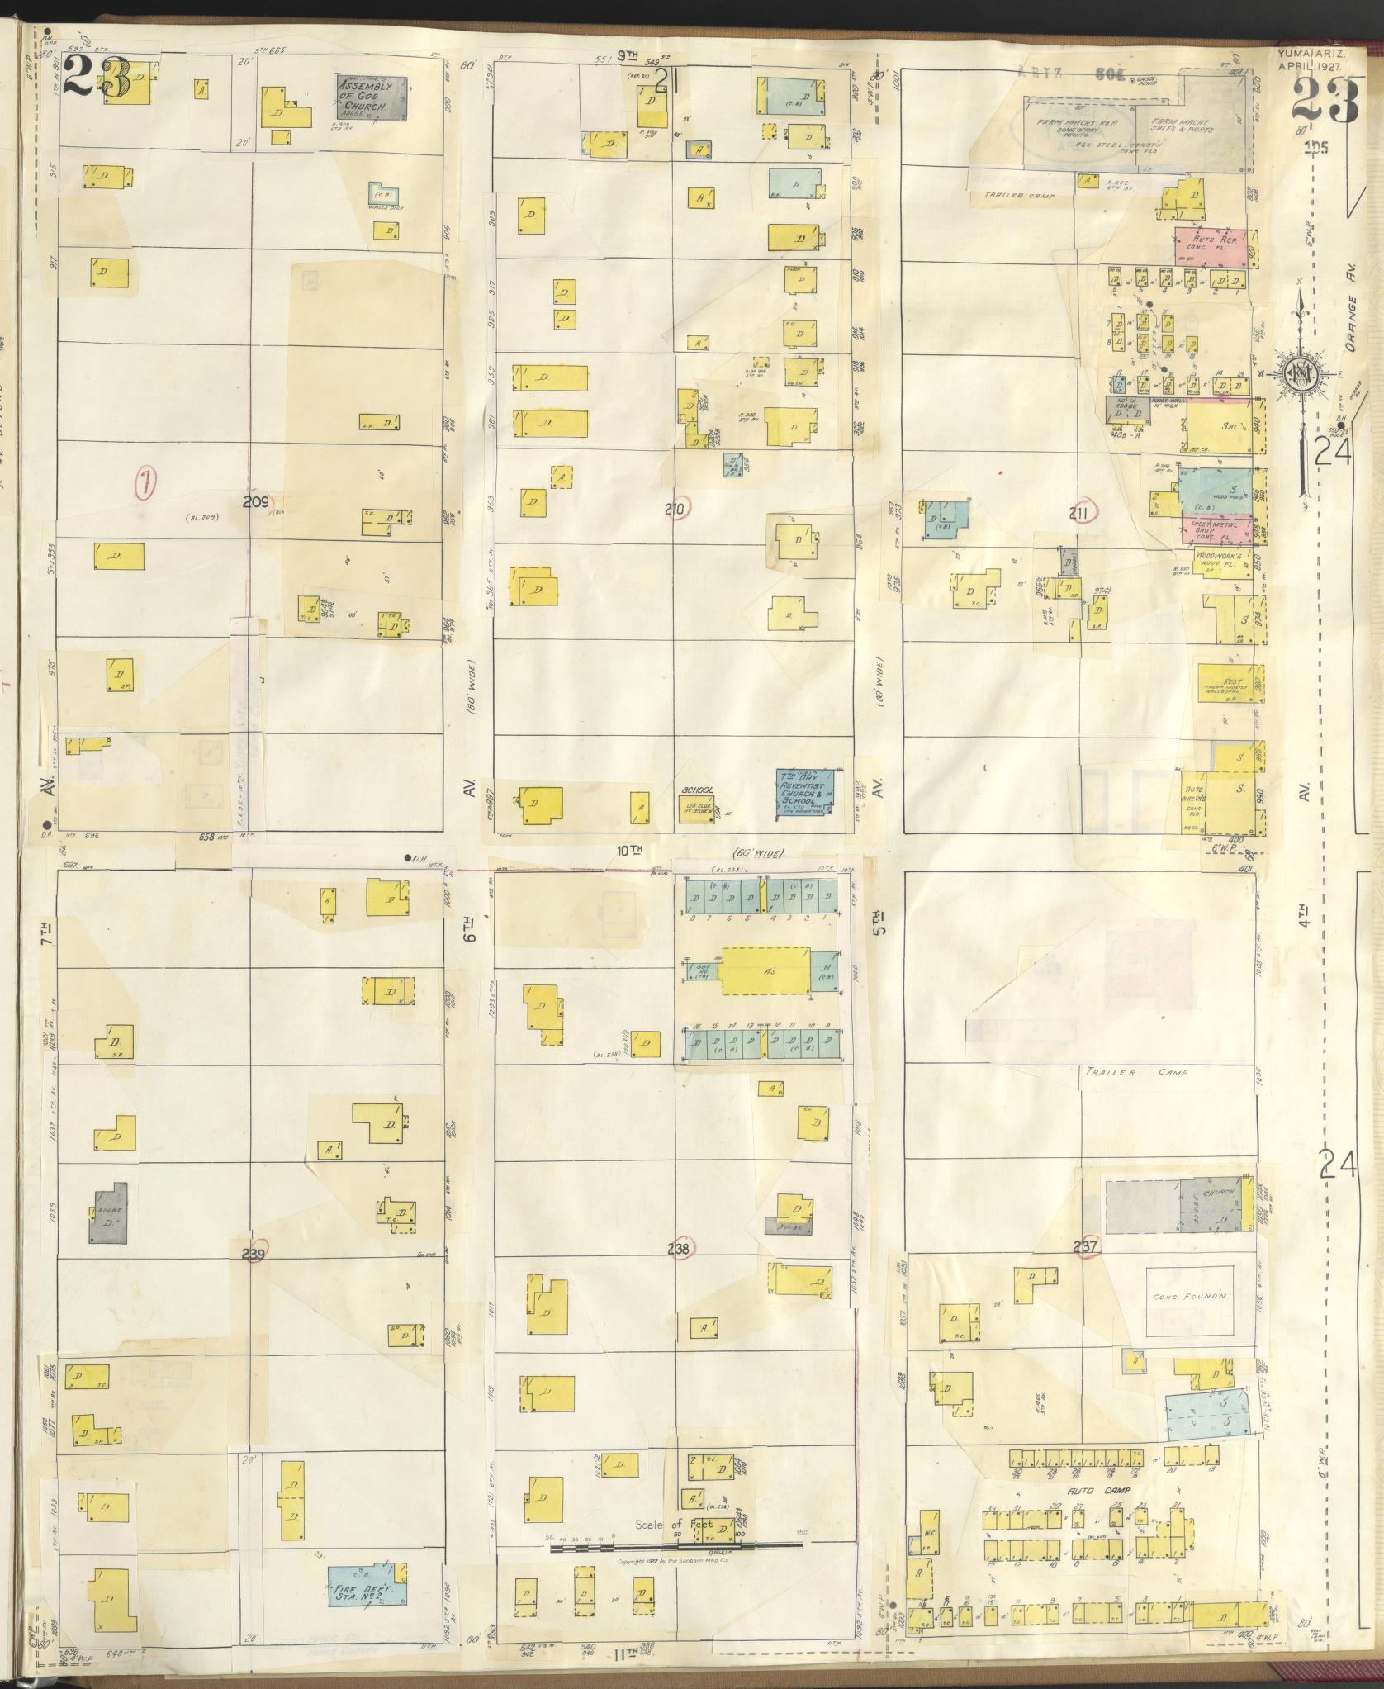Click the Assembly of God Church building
[x=372, y=97]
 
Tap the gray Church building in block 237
[x=1214, y=1207]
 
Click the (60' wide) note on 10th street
[x=757, y=853]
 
